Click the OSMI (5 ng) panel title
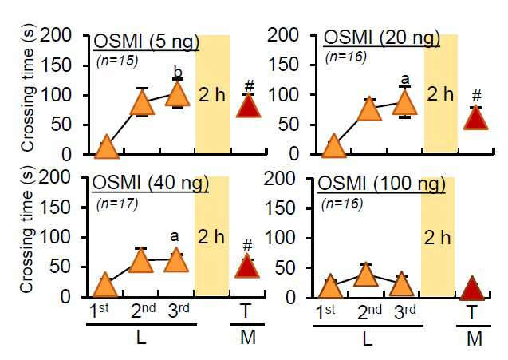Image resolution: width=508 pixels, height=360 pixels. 146,42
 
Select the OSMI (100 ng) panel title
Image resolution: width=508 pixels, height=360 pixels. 381,184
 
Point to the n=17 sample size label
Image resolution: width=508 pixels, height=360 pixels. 117,204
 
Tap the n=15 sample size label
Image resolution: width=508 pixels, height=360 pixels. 117,61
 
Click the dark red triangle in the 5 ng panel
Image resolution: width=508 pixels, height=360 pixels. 249,105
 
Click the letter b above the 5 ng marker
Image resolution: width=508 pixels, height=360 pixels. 178,72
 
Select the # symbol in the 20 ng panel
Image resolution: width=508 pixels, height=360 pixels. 476,96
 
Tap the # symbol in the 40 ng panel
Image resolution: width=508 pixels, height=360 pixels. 247,246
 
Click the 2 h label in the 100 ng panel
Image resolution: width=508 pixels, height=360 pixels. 437,238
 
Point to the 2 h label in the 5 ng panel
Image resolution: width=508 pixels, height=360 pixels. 211,95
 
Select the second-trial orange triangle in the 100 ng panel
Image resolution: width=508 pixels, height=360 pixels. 366,275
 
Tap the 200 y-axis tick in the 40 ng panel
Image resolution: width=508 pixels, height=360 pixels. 54,177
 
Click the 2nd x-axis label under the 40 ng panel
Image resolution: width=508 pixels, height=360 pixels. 144,311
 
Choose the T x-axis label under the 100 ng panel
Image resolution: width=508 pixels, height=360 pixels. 472,313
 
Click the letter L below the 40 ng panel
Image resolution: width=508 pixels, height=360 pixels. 141,338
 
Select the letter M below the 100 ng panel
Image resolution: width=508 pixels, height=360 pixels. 475,338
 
